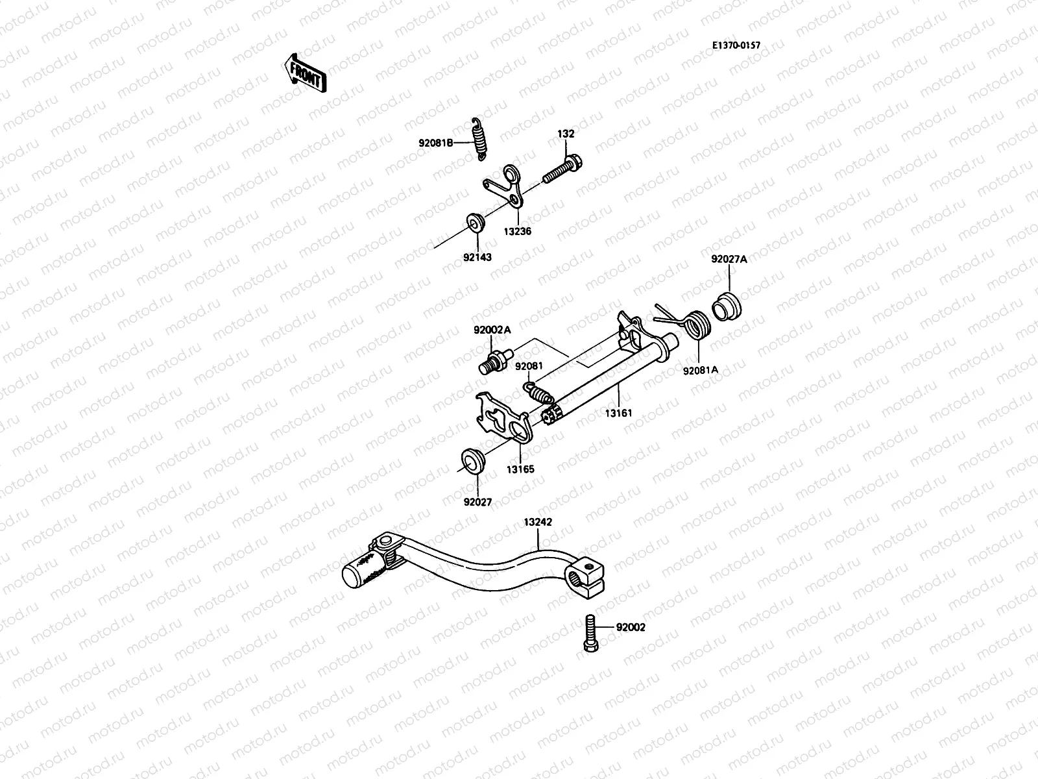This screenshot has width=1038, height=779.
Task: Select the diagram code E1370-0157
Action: coord(736,45)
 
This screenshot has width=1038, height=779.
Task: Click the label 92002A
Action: coord(492,330)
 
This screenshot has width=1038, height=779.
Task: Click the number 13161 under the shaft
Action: coord(618,412)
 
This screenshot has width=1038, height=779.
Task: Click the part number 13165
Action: coord(520,469)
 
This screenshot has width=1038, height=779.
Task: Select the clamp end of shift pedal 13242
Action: coord(587,576)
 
